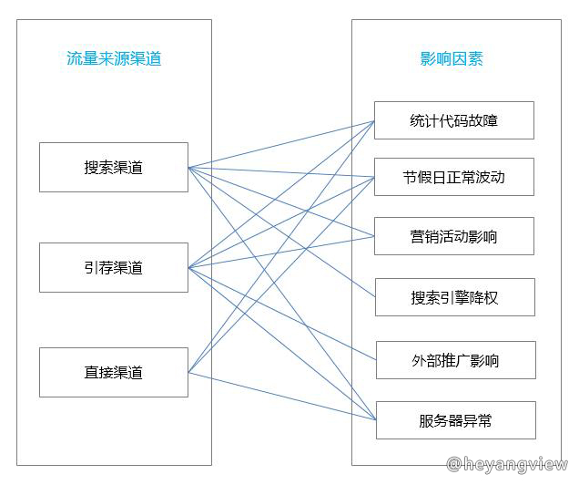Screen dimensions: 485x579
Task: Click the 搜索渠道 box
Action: coord(114,168)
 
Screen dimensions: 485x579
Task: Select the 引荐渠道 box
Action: coord(114,268)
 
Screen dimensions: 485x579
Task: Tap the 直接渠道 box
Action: coord(114,372)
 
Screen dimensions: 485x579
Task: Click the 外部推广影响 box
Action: coord(455,361)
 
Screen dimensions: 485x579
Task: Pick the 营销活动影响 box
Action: coord(454,237)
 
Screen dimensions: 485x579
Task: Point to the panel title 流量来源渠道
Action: coord(114,59)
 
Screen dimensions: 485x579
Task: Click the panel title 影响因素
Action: coord(452,59)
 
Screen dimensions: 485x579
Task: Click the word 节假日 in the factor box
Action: coord(422,177)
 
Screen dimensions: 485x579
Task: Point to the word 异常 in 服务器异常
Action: coord(477,421)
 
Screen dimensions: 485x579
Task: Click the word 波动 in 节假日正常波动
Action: coord(491,177)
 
